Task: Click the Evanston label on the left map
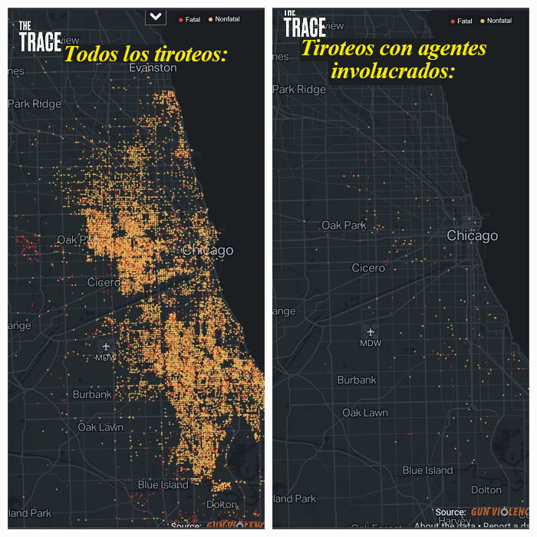(142, 68)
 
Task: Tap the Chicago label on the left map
(208, 251)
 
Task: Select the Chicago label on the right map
(473, 236)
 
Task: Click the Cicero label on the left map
(104, 283)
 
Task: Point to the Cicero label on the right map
(368, 268)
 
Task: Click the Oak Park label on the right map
(344, 226)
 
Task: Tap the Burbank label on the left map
(92, 394)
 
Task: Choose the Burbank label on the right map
(357, 380)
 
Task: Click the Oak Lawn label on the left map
(100, 427)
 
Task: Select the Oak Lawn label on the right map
(365, 413)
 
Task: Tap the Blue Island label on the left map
(163, 485)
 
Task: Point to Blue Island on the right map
(428, 470)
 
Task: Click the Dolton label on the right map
(486, 489)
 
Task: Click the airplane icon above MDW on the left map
(106, 347)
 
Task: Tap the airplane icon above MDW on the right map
(371, 331)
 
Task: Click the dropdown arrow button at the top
(156, 16)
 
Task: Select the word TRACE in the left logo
(40, 42)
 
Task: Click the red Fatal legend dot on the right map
(453, 21)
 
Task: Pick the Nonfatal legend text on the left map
(228, 19)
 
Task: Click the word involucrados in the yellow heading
(393, 71)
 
